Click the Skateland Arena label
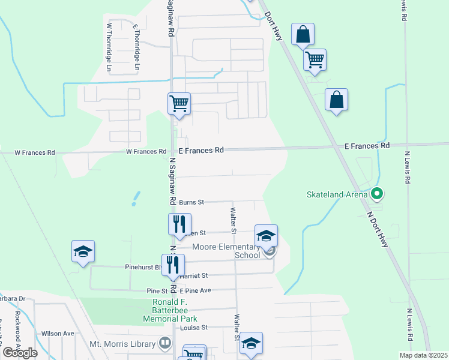click(338, 194)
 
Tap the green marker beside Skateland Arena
click(377, 194)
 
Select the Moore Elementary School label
click(226, 251)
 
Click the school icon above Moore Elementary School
click(266, 235)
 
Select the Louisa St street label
click(193, 328)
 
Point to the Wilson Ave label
click(58, 334)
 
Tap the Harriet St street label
click(196, 275)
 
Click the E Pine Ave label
click(195, 290)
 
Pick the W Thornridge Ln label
click(109, 44)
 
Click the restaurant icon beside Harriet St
click(173, 265)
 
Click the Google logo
click(20, 353)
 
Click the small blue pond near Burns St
click(136, 198)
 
